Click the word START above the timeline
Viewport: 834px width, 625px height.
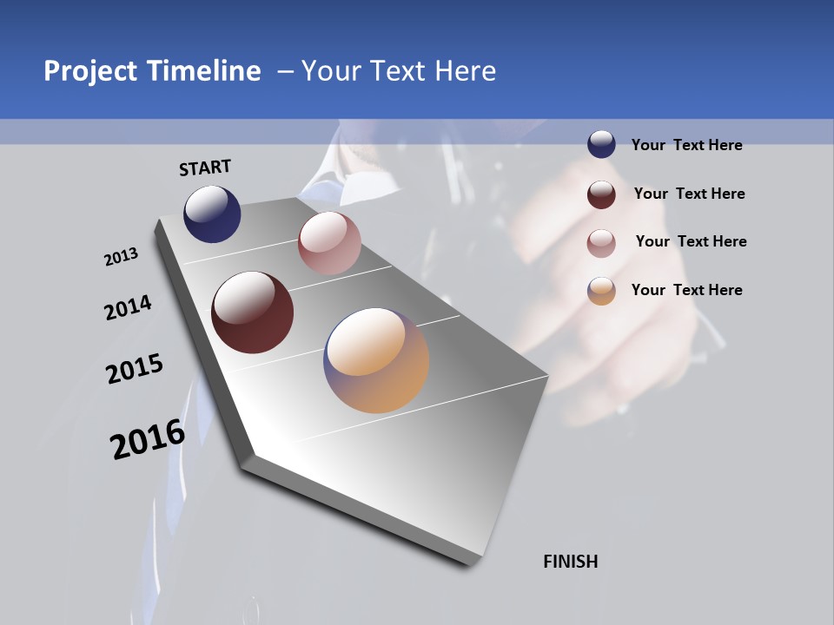[205, 168]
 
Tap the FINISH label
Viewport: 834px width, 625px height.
[571, 562]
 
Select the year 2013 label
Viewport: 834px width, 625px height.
[121, 257]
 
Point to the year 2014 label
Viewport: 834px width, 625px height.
[128, 308]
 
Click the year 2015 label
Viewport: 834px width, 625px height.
[135, 370]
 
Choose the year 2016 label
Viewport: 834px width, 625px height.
[148, 439]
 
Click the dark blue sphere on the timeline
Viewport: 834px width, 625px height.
[212, 214]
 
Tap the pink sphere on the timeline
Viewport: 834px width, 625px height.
[329, 243]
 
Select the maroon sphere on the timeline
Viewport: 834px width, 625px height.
[253, 312]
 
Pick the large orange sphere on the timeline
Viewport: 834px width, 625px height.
[376, 360]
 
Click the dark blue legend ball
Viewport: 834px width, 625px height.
[601, 145]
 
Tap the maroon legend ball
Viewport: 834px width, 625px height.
[601, 194]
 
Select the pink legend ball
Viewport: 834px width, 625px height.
[601, 242]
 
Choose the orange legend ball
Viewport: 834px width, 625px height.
[601, 291]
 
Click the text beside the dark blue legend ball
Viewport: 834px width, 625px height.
[686, 146]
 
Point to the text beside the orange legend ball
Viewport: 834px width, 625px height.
[686, 290]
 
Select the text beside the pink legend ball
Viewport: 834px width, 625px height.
[691, 241]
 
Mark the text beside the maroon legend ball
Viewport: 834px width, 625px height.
[689, 194]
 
